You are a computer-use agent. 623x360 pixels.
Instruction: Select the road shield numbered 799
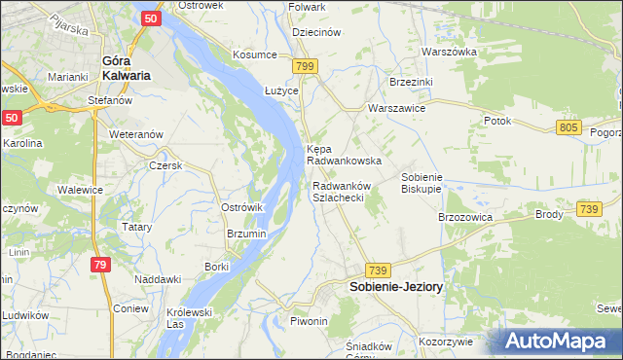point(306,66)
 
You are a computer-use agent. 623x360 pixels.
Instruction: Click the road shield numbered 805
point(570,127)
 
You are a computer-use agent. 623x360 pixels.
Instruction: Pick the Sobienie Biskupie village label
point(422,184)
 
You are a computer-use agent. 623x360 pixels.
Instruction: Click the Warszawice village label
point(395,109)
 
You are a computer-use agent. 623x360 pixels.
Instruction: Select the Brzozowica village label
point(465,217)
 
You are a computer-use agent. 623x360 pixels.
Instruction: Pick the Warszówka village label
point(449,51)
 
